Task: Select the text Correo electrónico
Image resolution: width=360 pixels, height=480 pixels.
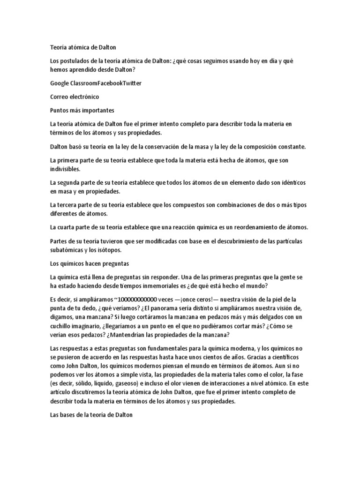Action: pos(74,97)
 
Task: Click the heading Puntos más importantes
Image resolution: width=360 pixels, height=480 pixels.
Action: pos(82,110)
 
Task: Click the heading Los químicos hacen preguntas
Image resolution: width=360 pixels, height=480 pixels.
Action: pos(89,263)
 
